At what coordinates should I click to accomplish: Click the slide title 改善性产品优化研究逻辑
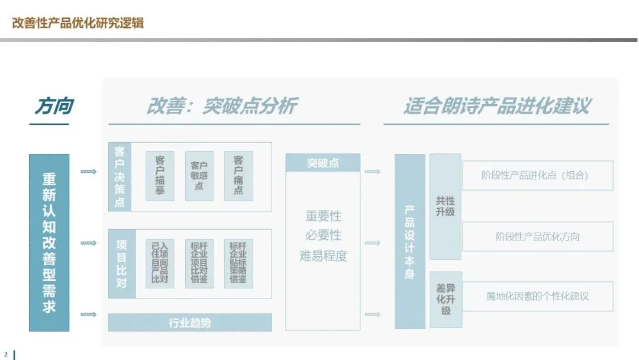pos(78,23)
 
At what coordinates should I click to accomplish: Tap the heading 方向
pos(53,106)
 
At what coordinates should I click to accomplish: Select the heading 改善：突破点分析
pos(221,106)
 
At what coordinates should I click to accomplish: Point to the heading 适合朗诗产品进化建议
pos(497,106)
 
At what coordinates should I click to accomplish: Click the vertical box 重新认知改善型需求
pos(49,242)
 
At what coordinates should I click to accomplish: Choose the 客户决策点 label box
pos(120,176)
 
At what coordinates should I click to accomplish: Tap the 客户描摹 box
pos(160,176)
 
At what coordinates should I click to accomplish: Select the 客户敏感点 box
pos(199,176)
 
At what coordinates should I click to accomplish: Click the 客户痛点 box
pos(238,176)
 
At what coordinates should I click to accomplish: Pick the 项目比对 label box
pos(120,263)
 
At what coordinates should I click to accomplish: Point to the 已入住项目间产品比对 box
pos(160,263)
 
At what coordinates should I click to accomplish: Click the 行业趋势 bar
pos(190,323)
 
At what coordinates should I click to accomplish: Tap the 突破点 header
pos(322,163)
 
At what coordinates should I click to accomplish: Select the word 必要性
pos(323,235)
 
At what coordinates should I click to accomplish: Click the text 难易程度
pos(323,256)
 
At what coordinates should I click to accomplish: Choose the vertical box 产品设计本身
pos(409,242)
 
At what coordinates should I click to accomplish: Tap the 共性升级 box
pos(445,207)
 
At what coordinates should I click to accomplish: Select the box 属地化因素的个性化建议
pos(537,296)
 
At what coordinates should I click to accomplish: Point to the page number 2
pos(6,354)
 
